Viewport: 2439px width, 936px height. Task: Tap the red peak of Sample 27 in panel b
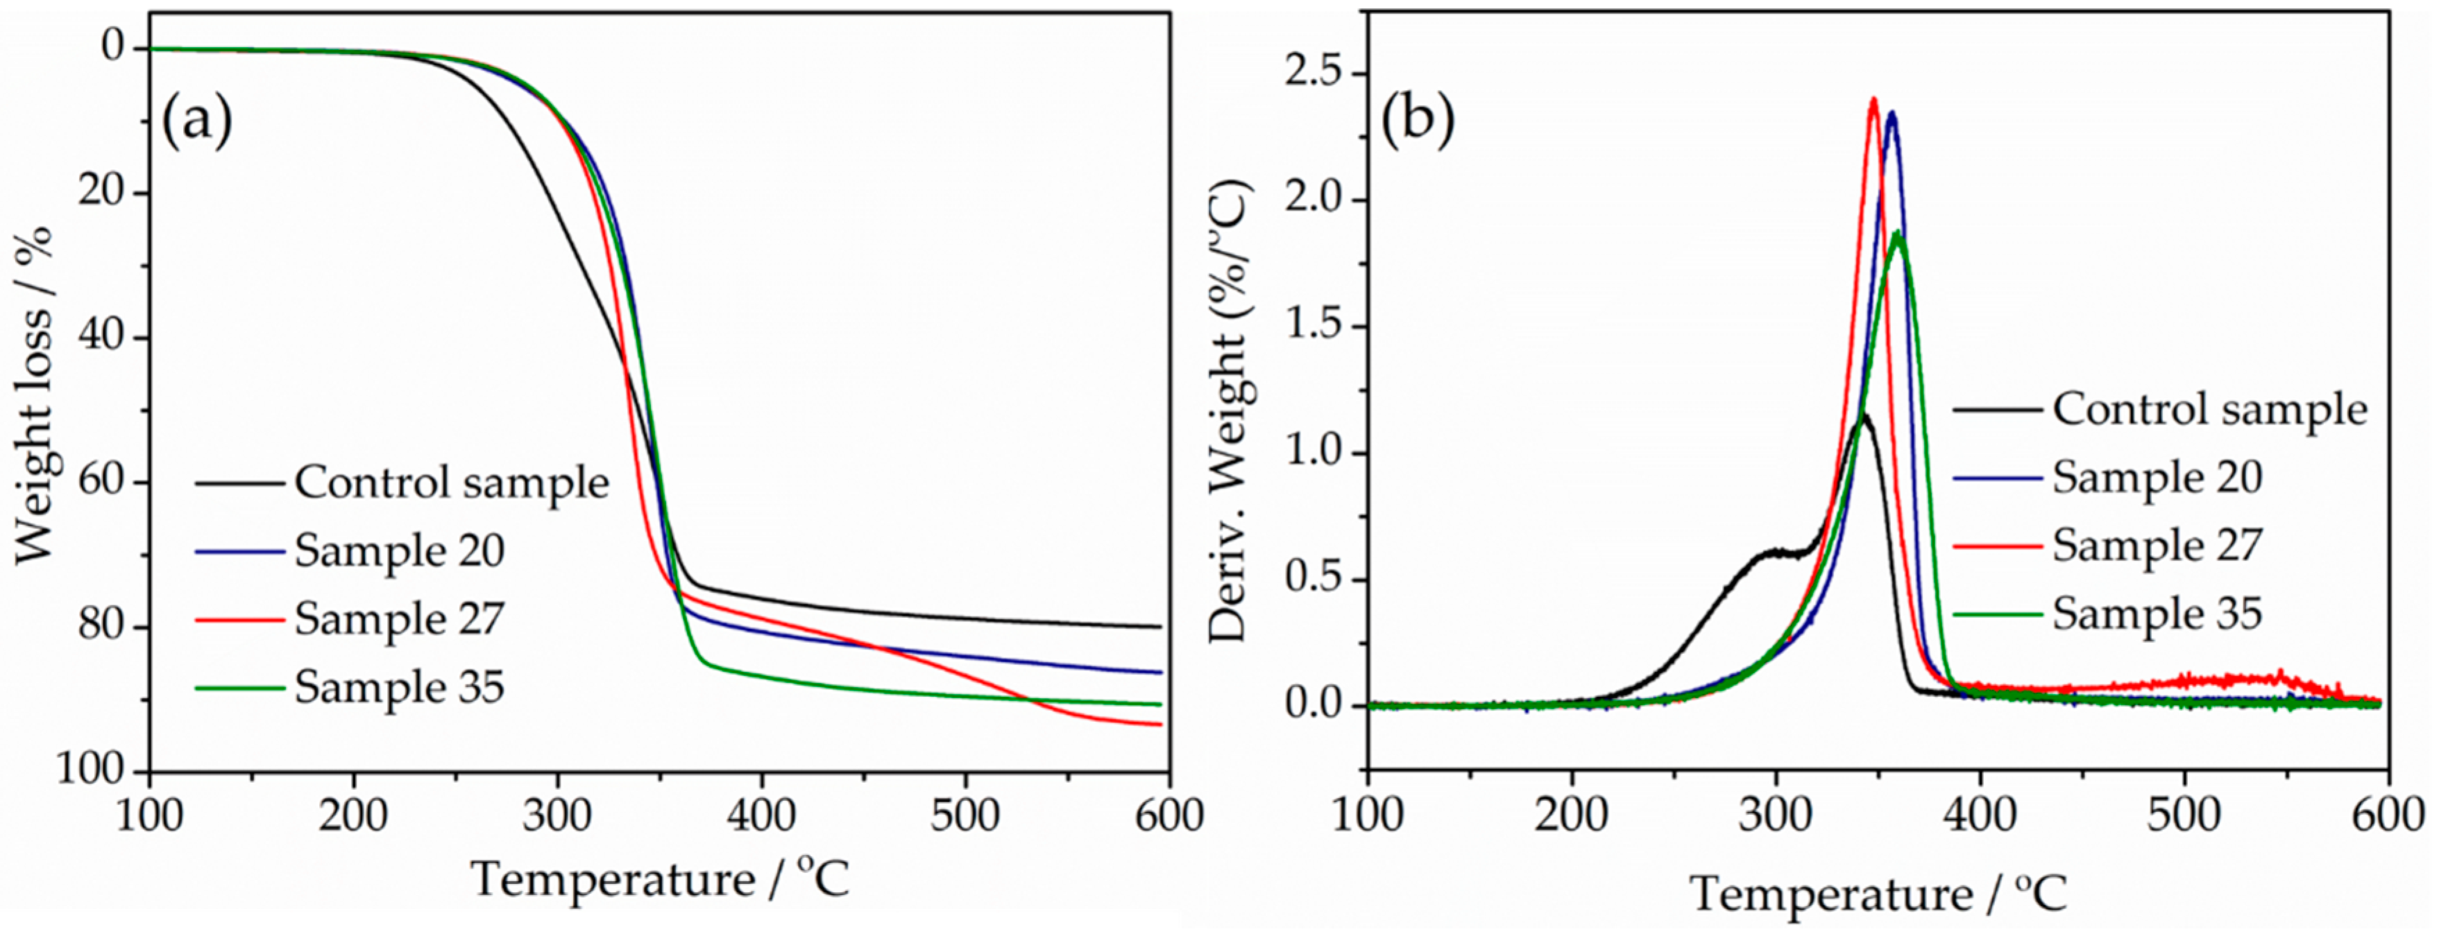click(1873, 99)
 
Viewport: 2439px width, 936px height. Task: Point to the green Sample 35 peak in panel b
click(1896, 234)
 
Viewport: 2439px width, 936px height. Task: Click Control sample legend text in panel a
click(451, 483)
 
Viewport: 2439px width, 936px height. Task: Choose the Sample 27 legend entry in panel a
click(398, 619)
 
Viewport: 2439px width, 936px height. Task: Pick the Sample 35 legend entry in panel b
click(2156, 614)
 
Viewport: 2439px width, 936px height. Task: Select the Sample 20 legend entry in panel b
click(2156, 477)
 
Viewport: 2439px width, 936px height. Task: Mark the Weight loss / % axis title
click(33, 396)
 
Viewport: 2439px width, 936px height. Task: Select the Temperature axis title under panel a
click(660, 880)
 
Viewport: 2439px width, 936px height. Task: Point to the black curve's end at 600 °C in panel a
click(1159, 627)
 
